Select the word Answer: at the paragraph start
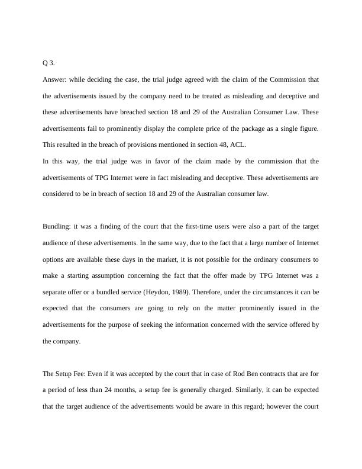(x=55, y=79)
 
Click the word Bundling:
(x=57, y=227)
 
